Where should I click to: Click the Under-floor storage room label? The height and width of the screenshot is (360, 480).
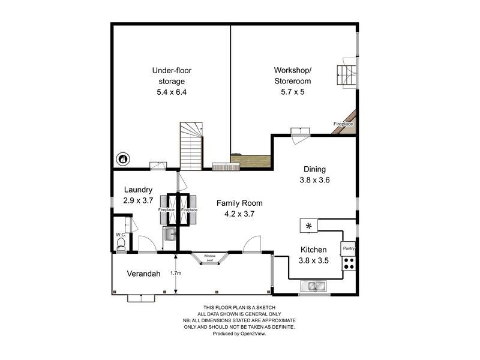tap(172, 76)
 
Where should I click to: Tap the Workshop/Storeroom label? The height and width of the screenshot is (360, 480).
tap(293, 76)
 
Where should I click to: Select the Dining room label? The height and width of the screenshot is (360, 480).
tap(314, 169)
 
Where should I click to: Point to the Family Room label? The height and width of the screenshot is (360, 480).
tap(239, 203)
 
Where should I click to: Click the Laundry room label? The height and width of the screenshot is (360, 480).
tap(139, 190)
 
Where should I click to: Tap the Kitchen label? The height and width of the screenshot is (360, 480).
tap(313, 250)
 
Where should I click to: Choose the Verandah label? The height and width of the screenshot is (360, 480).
tap(143, 274)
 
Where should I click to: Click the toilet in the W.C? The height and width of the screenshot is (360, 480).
tap(121, 242)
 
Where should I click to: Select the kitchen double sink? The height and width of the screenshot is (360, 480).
tap(315, 286)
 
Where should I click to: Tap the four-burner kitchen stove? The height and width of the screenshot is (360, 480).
tap(348, 263)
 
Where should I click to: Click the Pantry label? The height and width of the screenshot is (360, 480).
tap(349, 248)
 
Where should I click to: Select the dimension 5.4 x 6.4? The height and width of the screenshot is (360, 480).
tap(172, 92)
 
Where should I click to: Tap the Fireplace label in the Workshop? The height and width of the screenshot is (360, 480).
tap(343, 124)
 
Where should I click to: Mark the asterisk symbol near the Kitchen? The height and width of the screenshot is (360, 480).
tap(309, 226)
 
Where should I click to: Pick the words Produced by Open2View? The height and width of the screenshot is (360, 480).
tap(239, 333)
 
